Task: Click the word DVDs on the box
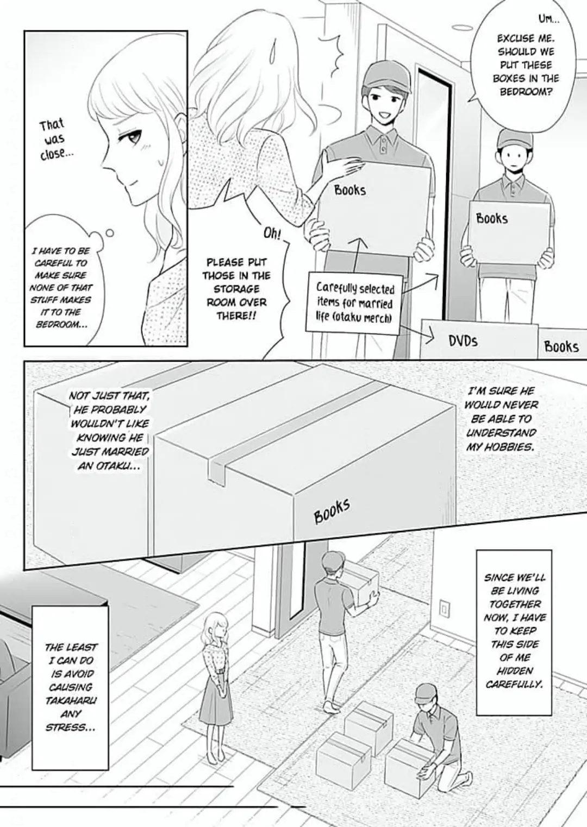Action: [463, 341]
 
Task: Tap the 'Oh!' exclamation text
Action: [273, 233]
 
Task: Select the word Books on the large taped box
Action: [332, 510]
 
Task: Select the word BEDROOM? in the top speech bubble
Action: [525, 92]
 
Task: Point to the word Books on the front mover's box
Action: [349, 190]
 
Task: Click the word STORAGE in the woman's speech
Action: [236, 289]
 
